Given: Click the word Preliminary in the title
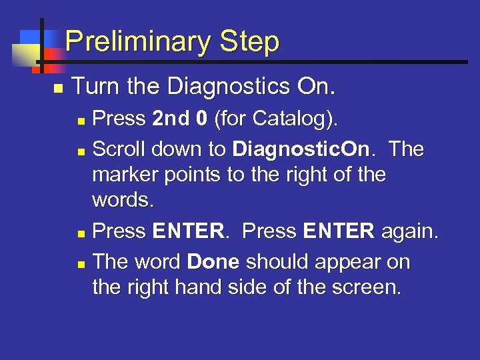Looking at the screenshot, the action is [x=139, y=41].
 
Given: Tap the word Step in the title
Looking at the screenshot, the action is [x=249, y=41].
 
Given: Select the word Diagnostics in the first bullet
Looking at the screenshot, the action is [x=229, y=87].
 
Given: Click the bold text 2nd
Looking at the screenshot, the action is [x=171, y=118].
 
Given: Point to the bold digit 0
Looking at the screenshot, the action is [x=202, y=118].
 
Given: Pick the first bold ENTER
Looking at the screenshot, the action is [x=189, y=231].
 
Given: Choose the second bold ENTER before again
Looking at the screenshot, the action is [x=339, y=231].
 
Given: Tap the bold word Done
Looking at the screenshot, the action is [x=213, y=262].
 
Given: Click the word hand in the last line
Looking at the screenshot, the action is [x=198, y=287].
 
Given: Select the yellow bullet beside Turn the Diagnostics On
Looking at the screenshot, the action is [x=59, y=89].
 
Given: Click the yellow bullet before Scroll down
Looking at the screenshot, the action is [x=81, y=152].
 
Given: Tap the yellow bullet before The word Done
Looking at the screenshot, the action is [x=81, y=265].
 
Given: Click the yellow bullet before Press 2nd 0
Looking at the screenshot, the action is [x=81, y=121].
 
